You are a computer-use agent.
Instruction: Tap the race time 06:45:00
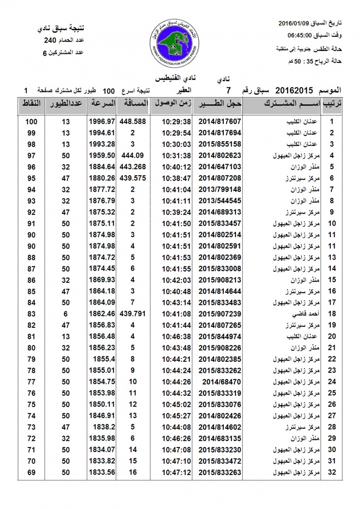click(x=301, y=36)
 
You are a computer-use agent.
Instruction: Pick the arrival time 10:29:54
click(x=171, y=133)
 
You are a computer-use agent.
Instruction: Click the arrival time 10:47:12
click(x=171, y=472)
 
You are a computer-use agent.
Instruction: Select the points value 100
click(x=31, y=121)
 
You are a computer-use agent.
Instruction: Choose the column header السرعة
click(x=102, y=103)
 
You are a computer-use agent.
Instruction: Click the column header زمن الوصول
click(x=171, y=103)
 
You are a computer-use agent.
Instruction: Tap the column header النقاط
click(x=31, y=103)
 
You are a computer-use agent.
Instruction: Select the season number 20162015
click(x=294, y=90)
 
